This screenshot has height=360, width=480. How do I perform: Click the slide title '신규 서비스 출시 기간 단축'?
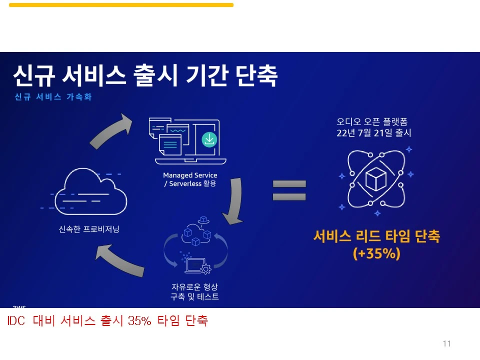pyautogui.click(x=145, y=76)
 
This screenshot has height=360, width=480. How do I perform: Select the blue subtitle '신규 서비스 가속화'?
pyautogui.click(x=53, y=97)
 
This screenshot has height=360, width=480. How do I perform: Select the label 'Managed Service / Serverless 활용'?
pyautogui.click(x=190, y=179)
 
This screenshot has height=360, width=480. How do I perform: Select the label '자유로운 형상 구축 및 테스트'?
pyautogui.click(x=195, y=291)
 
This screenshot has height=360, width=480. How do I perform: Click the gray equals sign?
pyautogui.click(x=289, y=190)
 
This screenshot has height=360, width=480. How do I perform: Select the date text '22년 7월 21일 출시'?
pyautogui.click(x=374, y=133)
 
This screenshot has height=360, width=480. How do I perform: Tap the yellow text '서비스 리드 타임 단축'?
pyautogui.click(x=376, y=236)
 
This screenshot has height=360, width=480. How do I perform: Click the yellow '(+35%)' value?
pyautogui.click(x=376, y=253)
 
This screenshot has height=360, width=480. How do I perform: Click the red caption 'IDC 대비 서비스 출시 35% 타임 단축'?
pyautogui.click(x=107, y=321)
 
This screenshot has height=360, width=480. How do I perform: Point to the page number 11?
pyautogui.click(x=446, y=343)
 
